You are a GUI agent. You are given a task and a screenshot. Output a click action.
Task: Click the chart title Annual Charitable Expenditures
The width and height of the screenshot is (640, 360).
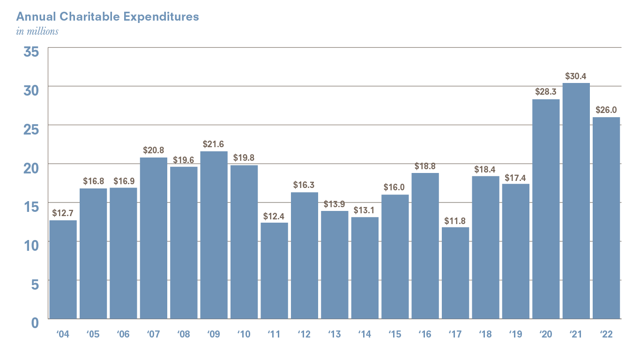pyautogui.click(x=107, y=17)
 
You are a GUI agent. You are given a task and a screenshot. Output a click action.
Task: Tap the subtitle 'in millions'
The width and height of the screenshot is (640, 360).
pyautogui.click(x=37, y=31)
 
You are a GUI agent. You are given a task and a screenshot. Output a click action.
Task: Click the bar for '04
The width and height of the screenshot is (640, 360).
pyautogui.click(x=63, y=270)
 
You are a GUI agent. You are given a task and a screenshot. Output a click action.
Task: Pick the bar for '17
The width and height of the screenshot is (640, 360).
pyautogui.click(x=455, y=273)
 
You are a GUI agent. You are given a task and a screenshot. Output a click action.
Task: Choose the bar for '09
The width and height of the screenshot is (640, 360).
pyautogui.click(x=214, y=235)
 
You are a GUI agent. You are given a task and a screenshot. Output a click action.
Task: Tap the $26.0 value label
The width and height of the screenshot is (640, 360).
pyautogui.click(x=606, y=110)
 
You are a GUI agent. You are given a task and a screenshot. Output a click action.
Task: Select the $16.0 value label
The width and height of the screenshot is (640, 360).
pyautogui.click(x=395, y=187)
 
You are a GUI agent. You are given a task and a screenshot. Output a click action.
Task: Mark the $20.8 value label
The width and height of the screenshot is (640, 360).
pyautogui.click(x=153, y=150)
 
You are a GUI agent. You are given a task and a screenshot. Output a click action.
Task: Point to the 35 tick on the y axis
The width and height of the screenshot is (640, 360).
pyautogui.click(x=31, y=51)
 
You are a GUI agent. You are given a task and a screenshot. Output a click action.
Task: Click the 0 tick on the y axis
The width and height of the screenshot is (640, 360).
pyautogui.click(x=35, y=322)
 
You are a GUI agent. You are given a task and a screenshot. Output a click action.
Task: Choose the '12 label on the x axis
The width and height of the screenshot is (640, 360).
pyautogui.click(x=304, y=334)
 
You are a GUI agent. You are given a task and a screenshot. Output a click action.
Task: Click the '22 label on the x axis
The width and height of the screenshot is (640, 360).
pyautogui.click(x=606, y=334)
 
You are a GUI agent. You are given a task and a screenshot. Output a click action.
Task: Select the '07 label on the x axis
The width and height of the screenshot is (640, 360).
pyautogui.click(x=153, y=334)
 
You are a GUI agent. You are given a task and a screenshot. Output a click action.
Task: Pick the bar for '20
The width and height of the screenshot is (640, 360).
pyautogui.click(x=546, y=209)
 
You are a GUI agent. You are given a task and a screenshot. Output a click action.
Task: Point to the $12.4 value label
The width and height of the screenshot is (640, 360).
pyautogui.click(x=274, y=216)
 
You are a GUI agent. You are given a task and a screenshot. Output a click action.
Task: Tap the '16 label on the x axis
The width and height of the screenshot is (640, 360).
pyautogui.click(x=425, y=334)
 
